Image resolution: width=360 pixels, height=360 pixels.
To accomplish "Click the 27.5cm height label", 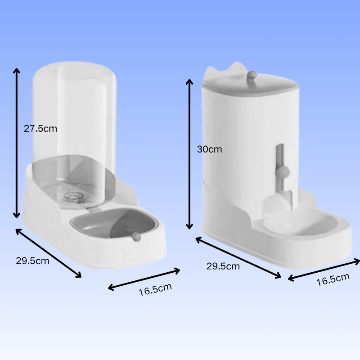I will (40, 128).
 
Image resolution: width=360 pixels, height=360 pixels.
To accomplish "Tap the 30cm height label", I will (209, 149).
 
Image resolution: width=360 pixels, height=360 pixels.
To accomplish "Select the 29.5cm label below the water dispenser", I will (32, 261).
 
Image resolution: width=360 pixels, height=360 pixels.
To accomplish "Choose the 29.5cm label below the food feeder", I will (223, 266).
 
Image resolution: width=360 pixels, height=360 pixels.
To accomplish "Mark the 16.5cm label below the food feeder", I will (333, 279).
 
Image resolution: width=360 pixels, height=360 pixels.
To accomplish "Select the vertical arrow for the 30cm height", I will (190, 153).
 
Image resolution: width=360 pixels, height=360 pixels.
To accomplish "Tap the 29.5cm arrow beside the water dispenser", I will (49, 253).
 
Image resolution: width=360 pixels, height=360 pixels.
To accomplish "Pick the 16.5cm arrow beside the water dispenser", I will (144, 279).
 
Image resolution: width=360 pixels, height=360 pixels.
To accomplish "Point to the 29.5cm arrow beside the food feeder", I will (238, 258).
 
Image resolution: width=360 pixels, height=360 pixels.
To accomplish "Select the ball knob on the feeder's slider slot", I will (283, 171).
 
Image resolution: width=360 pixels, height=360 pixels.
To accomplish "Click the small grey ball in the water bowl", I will (136, 237).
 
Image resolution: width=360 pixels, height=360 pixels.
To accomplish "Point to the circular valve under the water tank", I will (71, 196).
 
